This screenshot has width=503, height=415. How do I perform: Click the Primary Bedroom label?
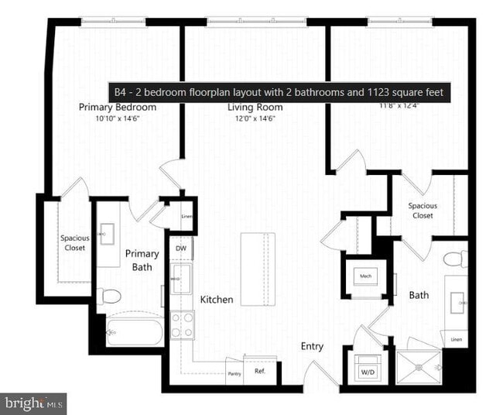(x=118, y=108)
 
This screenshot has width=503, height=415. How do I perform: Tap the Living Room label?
(x=253, y=108)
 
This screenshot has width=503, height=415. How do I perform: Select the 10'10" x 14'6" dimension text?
(x=118, y=118)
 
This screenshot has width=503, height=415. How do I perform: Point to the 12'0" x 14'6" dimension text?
(x=253, y=118)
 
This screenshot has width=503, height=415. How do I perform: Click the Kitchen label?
(x=217, y=299)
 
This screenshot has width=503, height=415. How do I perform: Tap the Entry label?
(x=312, y=346)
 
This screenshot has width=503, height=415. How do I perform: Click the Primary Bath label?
(x=142, y=260)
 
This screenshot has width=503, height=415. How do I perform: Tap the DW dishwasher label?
(x=180, y=249)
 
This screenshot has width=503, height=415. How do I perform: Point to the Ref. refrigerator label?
(x=260, y=371)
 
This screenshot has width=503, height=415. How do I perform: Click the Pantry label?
(x=234, y=373)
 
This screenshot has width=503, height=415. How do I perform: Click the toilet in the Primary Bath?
(x=111, y=295)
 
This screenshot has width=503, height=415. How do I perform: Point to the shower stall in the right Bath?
(x=419, y=366)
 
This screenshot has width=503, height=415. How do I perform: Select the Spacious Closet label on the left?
(x=75, y=242)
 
